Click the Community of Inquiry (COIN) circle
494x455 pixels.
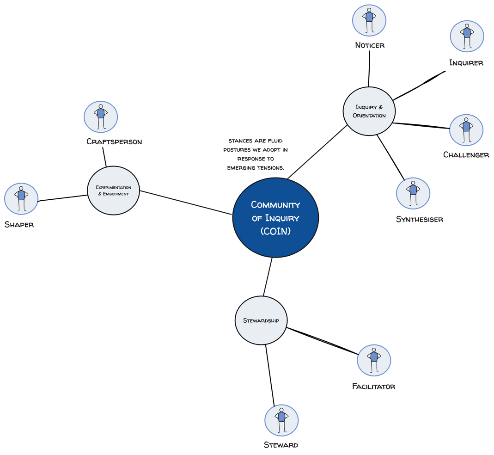[x=275, y=217]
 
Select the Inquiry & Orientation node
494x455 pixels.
[x=369, y=111]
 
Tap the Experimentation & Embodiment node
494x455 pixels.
[x=113, y=190]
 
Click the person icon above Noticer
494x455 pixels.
[x=369, y=20]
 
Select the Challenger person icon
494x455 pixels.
[x=465, y=130]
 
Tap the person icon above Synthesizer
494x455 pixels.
[x=413, y=193]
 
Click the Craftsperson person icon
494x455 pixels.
[x=101, y=117]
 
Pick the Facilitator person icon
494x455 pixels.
[x=374, y=360]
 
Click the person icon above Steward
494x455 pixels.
[x=281, y=420]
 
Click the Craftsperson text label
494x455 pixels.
[x=114, y=141]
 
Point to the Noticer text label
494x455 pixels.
[x=369, y=45]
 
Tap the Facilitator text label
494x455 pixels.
[x=373, y=386]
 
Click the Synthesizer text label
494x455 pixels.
[x=419, y=219]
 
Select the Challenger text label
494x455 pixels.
[x=466, y=155]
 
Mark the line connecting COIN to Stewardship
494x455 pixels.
[x=268, y=277]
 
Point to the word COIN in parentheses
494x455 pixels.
[x=275, y=231]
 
